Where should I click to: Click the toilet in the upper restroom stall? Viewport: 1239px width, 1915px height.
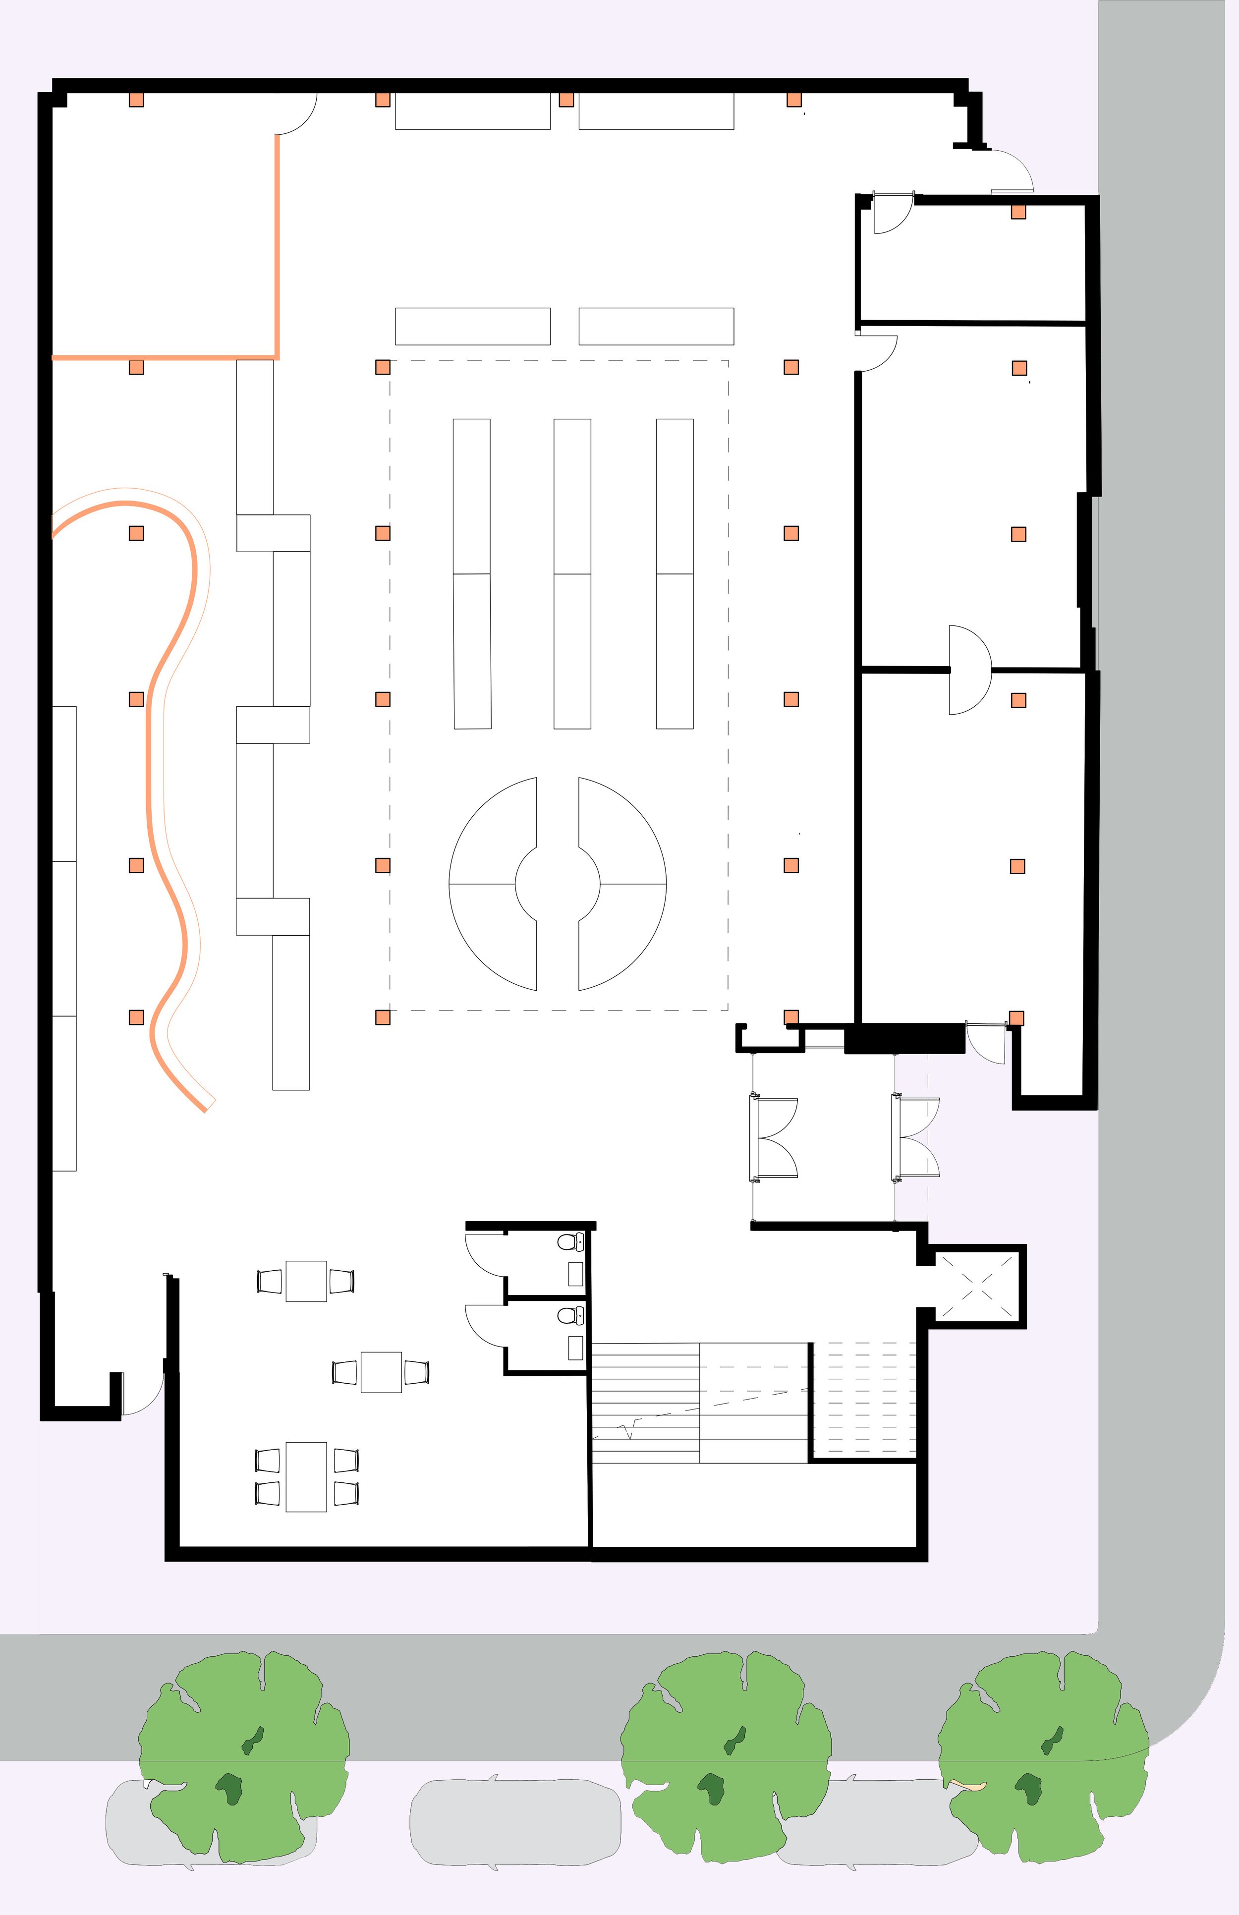click(569, 1241)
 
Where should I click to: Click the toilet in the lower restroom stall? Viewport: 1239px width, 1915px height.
click(569, 1316)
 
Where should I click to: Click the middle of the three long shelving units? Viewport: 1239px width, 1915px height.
click(572, 574)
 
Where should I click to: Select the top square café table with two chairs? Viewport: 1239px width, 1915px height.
click(307, 1281)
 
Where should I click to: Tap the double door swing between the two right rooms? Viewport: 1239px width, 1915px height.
click(969, 670)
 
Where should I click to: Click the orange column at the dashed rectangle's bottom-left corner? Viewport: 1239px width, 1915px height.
click(383, 1017)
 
